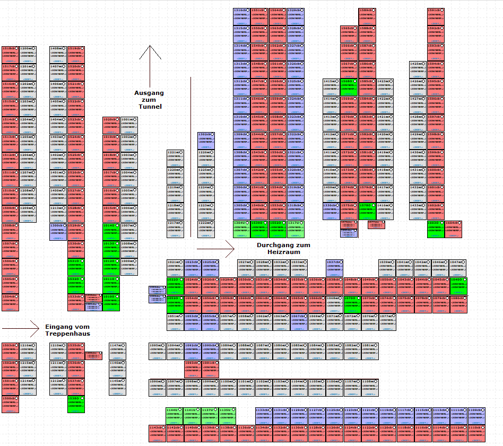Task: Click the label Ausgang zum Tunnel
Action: [149, 100]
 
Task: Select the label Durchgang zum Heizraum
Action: [282, 248]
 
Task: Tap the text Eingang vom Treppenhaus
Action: [67, 330]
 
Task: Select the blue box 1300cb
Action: [58, 232]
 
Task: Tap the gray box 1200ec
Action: [28, 55]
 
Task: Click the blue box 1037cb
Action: [334, 268]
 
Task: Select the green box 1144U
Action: [175, 416]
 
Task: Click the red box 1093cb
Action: [193, 369]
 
